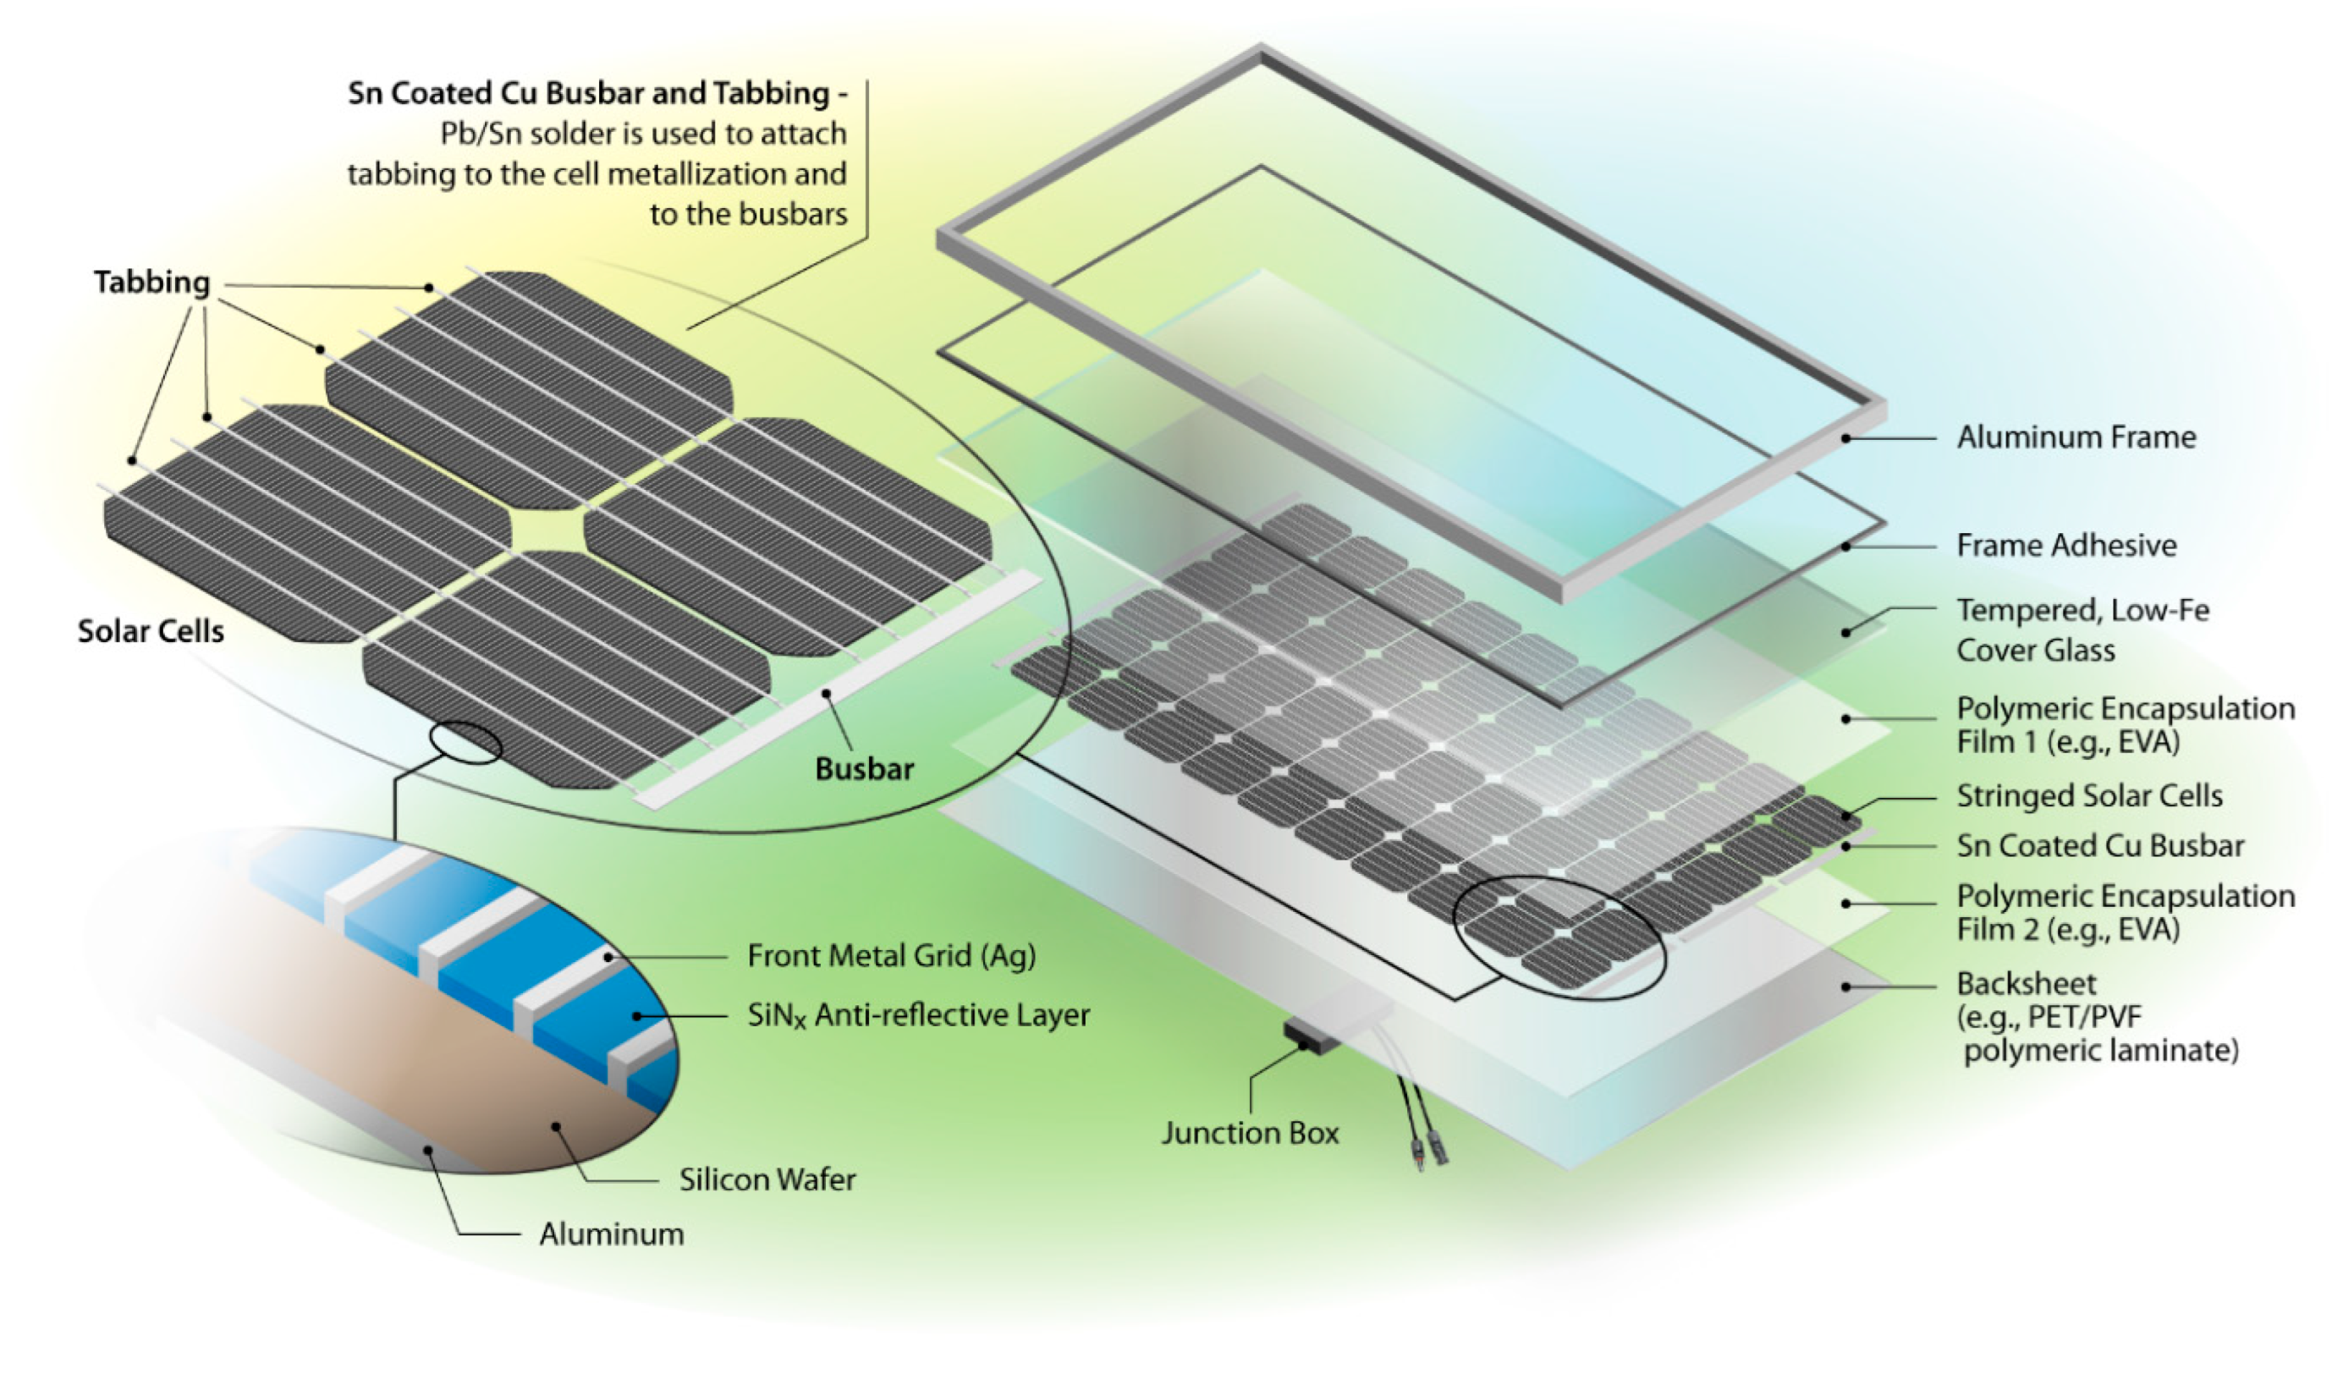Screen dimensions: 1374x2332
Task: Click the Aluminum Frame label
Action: point(2076,437)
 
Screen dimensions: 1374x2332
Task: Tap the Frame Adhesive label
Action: point(2065,546)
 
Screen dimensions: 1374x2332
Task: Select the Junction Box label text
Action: point(1250,1133)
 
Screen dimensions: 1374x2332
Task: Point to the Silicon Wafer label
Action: point(767,1179)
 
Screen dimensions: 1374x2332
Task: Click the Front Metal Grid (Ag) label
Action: point(891,955)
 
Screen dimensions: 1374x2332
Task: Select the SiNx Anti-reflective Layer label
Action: point(917,1015)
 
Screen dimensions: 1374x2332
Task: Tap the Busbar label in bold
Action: point(864,769)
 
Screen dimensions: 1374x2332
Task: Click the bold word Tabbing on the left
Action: point(151,283)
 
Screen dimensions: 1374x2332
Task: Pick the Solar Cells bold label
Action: point(151,631)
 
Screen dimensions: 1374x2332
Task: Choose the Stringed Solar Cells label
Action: point(2088,795)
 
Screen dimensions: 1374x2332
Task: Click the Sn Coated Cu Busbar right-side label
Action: point(2099,845)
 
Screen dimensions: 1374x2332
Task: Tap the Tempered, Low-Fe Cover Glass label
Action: point(2082,629)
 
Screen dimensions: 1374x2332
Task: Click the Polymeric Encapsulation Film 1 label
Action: point(2125,725)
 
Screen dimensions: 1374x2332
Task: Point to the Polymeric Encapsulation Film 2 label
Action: point(2125,912)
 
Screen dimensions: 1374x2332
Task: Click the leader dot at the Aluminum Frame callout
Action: point(1846,438)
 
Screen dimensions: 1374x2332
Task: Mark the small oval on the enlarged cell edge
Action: point(465,744)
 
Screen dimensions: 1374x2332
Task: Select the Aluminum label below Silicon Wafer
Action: point(611,1234)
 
